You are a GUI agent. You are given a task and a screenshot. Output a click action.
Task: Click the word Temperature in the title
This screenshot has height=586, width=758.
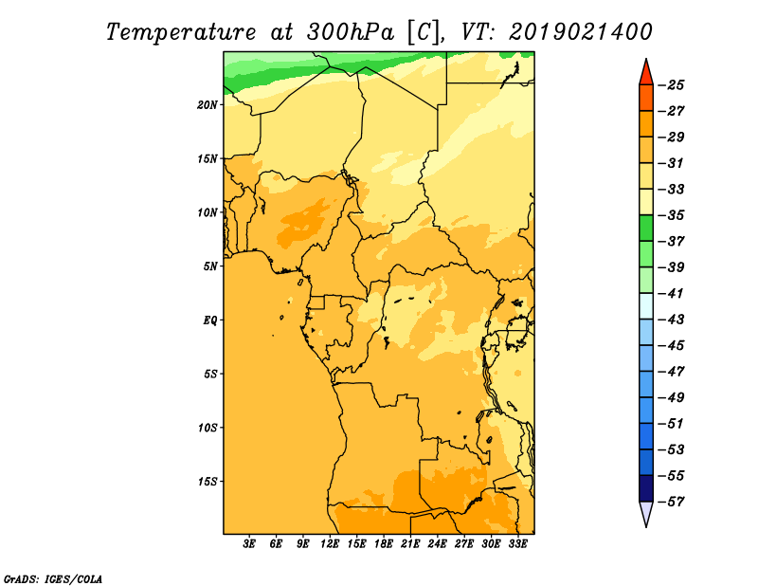pos(181,33)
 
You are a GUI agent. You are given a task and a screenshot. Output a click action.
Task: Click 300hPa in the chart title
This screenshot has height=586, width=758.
pos(350,33)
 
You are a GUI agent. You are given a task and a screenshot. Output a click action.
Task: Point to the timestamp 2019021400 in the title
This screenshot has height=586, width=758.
pos(580,32)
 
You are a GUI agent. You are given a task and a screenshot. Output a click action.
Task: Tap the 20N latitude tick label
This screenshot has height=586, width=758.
pos(208,105)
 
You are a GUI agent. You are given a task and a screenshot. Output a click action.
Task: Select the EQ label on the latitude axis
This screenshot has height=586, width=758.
pos(209,320)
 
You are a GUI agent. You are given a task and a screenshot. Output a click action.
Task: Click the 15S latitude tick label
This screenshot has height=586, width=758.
pos(208,482)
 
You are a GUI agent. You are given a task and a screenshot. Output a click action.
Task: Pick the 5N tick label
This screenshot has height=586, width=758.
pos(210,266)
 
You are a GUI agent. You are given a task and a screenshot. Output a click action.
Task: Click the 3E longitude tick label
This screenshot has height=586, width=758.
pos(249,544)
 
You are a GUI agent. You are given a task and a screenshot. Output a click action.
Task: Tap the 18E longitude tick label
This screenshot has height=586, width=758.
pos(384,544)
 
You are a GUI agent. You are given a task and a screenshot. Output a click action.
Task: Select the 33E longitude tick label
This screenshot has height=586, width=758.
pos(517,544)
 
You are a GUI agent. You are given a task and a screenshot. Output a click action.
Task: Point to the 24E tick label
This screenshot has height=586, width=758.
pos(437,544)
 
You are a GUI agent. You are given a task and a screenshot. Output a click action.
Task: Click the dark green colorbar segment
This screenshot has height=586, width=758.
pos(646,228)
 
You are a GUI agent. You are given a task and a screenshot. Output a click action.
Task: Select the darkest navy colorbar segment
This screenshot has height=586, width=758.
pos(646,488)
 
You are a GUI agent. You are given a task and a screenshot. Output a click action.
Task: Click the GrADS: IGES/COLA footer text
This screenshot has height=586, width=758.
pos(53,579)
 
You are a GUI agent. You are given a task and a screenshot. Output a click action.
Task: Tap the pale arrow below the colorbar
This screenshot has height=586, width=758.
pos(646,513)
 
